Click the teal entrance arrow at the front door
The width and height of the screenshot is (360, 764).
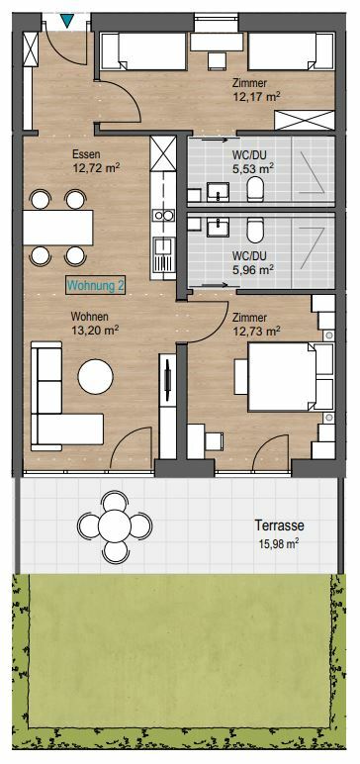(67, 21)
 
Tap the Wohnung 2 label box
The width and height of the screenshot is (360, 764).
(96, 286)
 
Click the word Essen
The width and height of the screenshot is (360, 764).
(86, 155)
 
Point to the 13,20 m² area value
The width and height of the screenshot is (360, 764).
(96, 330)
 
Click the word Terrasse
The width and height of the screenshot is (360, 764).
(280, 525)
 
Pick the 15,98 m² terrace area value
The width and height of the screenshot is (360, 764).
(280, 543)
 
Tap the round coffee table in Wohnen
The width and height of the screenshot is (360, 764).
(96, 377)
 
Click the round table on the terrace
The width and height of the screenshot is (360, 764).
(115, 525)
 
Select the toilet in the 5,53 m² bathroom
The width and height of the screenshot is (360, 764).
(255, 189)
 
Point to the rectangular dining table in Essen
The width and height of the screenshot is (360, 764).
(58, 228)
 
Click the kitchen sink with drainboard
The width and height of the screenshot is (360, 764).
(163, 255)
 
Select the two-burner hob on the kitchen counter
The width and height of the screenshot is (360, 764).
(163, 215)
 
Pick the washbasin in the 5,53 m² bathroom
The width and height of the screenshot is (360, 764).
(219, 191)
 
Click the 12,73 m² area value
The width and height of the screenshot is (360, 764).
(256, 331)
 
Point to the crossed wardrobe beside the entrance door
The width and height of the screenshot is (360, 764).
(31, 49)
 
